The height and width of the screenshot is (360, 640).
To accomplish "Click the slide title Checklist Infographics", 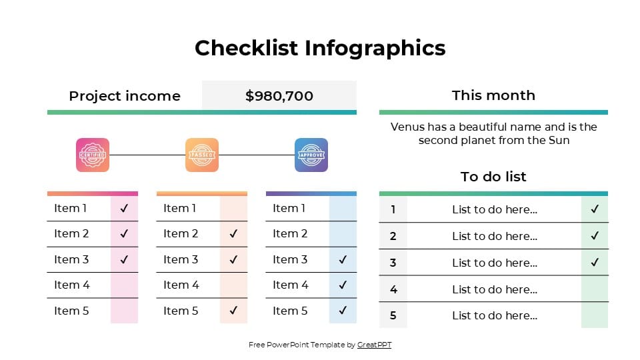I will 320,48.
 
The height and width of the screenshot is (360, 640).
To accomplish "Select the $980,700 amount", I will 279,96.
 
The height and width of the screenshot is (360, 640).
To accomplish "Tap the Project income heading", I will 125,96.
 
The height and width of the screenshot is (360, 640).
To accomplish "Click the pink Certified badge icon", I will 93,155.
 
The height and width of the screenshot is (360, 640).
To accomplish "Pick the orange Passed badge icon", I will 202,155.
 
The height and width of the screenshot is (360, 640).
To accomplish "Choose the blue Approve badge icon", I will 311,155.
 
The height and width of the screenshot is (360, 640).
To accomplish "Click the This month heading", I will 493,95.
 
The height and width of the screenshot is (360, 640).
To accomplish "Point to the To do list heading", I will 493,177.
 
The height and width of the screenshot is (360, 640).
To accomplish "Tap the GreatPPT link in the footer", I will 374,345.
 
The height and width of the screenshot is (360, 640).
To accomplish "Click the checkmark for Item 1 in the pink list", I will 124,208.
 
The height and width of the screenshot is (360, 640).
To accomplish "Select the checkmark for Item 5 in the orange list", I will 233,311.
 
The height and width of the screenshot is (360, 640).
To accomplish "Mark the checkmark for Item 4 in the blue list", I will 343,285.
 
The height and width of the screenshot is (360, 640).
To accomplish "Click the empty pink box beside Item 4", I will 124,285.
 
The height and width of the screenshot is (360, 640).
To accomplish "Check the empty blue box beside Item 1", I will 343,208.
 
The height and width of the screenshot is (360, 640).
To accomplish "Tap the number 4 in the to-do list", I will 393,289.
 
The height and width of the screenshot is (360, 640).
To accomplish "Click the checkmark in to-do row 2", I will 595,236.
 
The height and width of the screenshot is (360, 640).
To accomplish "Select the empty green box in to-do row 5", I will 595,315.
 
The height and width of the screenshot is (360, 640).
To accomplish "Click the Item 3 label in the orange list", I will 181,259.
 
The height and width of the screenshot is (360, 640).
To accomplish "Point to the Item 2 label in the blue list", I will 290,233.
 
